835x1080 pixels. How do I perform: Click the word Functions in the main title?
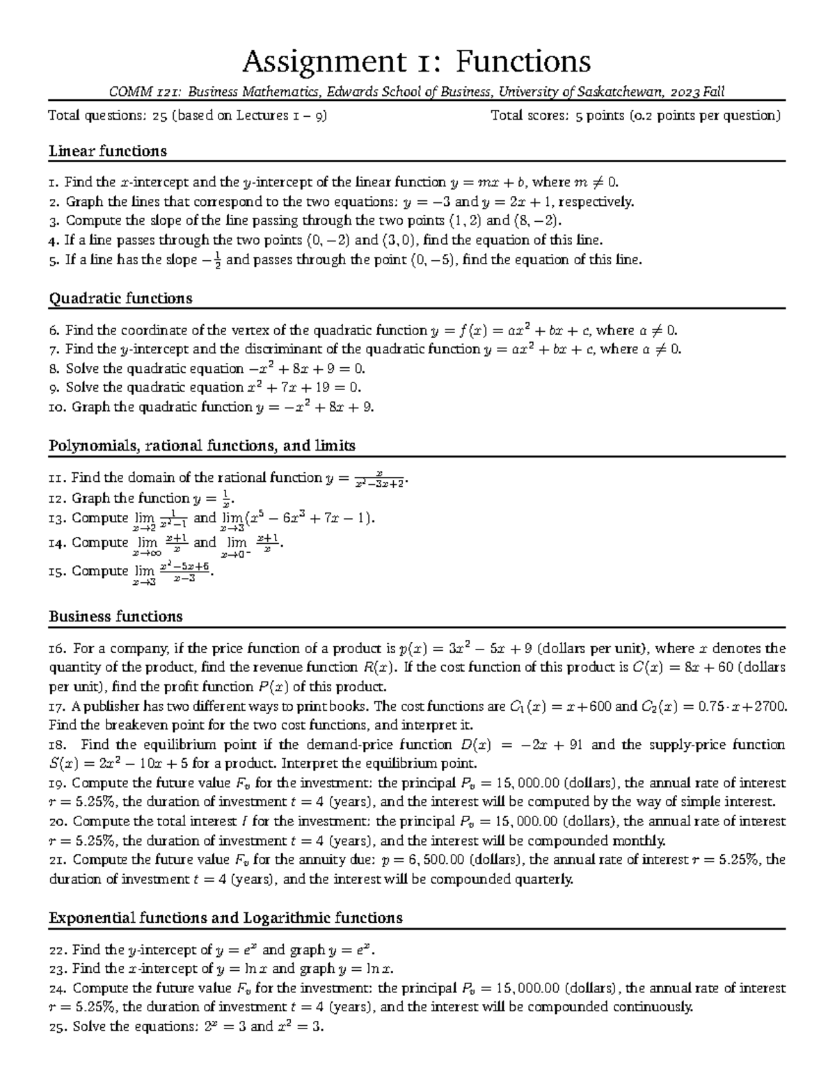pos(523,62)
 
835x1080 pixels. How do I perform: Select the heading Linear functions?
pos(107,151)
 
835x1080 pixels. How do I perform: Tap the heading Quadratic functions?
pos(120,298)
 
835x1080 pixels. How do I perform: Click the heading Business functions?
pos(115,616)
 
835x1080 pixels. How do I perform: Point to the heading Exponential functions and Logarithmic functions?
pos(225,918)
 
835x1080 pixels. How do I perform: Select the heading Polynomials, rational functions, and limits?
pos(202,445)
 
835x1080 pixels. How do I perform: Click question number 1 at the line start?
pos(54,183)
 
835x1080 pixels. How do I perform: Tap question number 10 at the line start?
pos(57,408)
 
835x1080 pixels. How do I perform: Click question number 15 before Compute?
pos(57,571)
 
